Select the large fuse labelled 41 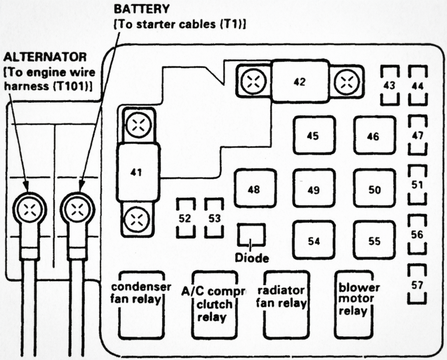pos(138,172)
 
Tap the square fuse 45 pos(314,136)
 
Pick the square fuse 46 pos(374,136)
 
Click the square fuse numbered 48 pos(254,189)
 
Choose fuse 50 pos(374,190)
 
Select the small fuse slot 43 pos(389,85)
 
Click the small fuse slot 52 pos(185,218)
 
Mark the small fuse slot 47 pos(418,135)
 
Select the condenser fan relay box pos(140,305)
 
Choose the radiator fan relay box pos(286,305)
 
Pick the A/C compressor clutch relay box pos(214,305)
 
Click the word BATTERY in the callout pos(141,9)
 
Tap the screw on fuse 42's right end pos(348,82)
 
